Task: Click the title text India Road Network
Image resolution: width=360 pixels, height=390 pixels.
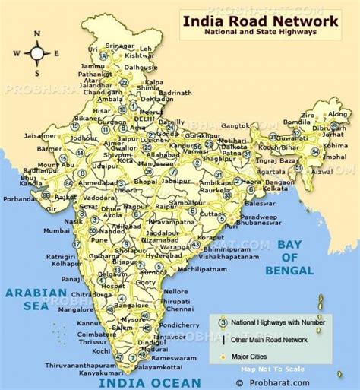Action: (x=259, y=22)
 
